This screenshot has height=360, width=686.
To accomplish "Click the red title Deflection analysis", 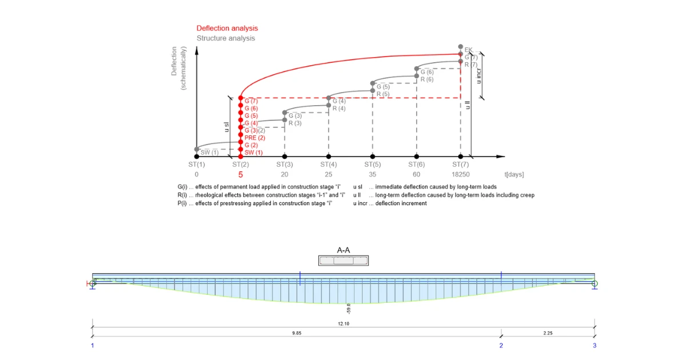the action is tap(228, 28).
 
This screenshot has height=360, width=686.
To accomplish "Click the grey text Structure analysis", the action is tap(226, 38).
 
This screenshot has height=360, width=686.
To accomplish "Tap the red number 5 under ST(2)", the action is tap(241, 175).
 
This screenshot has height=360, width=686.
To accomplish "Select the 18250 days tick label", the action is tap(460, 174).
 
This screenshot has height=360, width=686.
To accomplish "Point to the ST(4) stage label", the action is tap(328, 165).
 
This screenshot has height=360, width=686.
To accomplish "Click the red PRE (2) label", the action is tap(255, 138).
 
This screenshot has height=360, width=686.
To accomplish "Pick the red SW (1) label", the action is tap(254, 153).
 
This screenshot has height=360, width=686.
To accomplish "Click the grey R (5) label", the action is tap(383, 94).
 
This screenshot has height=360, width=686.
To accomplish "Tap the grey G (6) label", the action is tap(427, 72).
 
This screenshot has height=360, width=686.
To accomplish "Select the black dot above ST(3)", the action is tap(285, 157).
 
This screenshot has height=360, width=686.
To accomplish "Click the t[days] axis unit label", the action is tap(514, 174).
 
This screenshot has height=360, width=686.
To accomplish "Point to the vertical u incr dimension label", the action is tap(478, 76).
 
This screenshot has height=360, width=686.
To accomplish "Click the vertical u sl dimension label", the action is tap(226, 127).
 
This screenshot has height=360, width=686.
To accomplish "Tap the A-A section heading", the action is tap(344, 250).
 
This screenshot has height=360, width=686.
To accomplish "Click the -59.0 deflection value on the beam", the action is tap(349, 309).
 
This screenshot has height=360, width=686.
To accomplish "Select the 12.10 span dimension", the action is tap(344, 323).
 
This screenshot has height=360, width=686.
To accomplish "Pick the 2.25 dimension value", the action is tap(548, 333).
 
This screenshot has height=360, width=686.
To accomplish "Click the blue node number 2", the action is tap(501, 346).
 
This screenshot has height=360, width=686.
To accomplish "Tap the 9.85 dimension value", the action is tap(297, 333).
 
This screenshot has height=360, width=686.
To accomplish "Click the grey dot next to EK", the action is tap(460, 46).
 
